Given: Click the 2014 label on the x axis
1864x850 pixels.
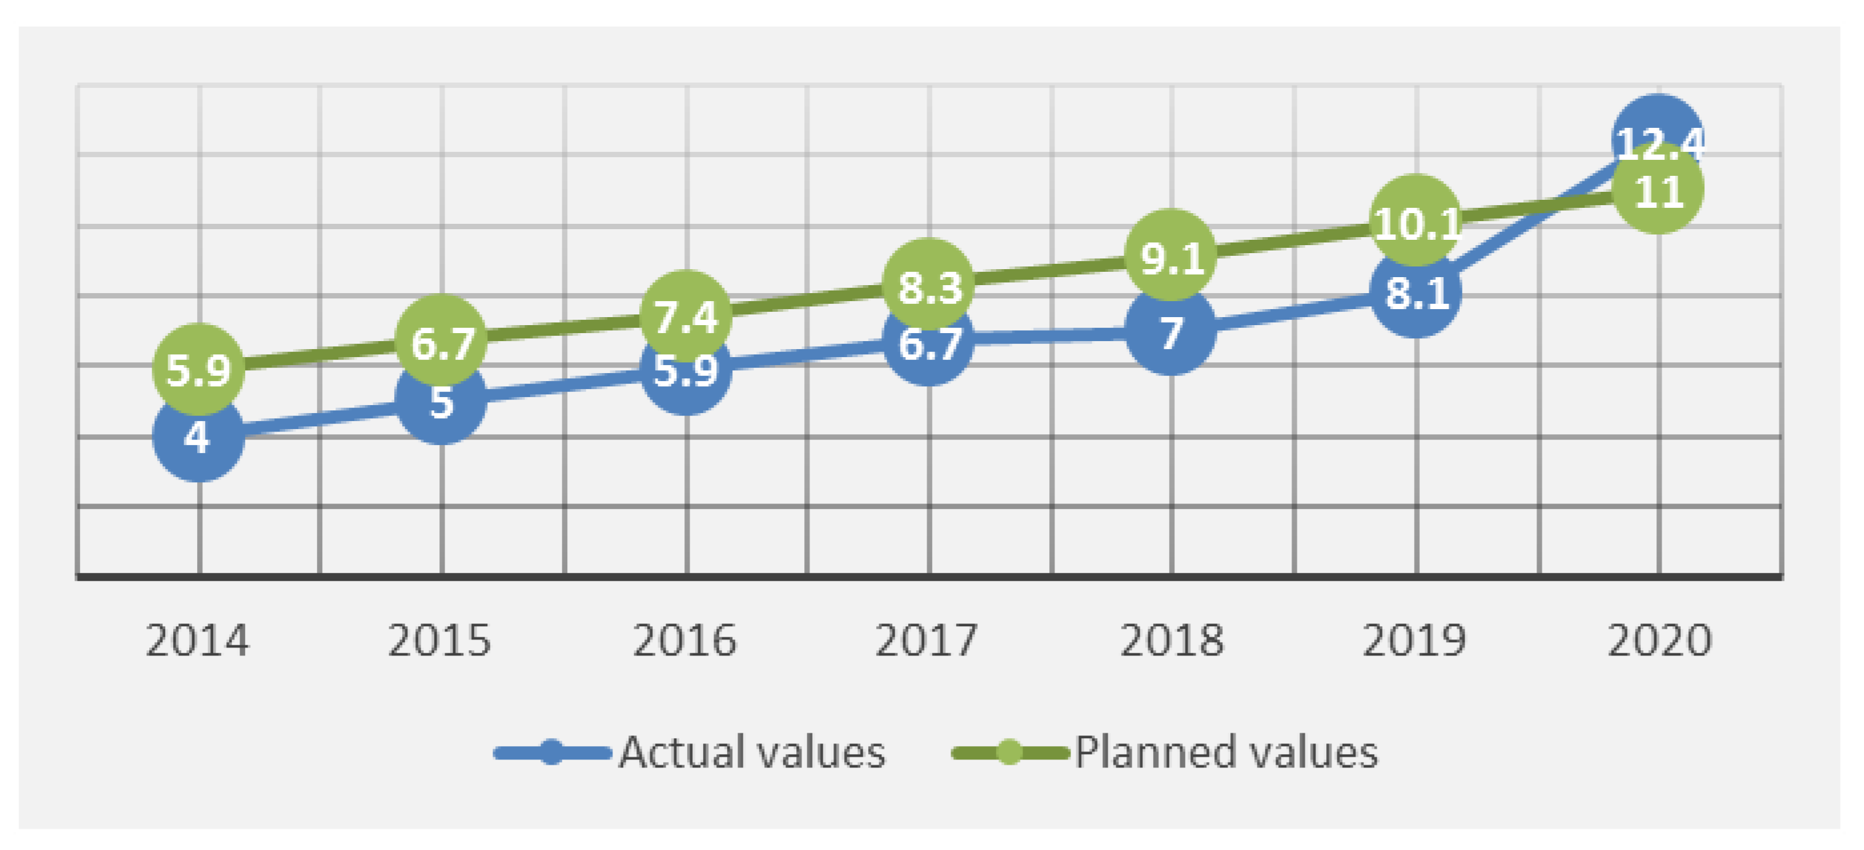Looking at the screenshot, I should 197,641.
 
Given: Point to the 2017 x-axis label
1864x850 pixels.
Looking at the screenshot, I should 927,641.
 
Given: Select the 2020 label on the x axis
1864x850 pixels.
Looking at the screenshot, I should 1659,641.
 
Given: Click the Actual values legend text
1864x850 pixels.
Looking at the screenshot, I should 752,752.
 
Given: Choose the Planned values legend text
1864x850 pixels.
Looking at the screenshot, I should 1226,752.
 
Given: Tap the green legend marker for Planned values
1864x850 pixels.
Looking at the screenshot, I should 1009,752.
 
